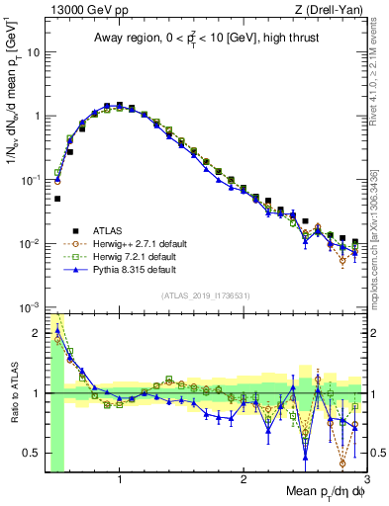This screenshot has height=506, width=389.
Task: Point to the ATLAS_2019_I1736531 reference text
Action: click(206, 295)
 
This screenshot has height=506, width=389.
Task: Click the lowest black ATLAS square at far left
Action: click(57, 199)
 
